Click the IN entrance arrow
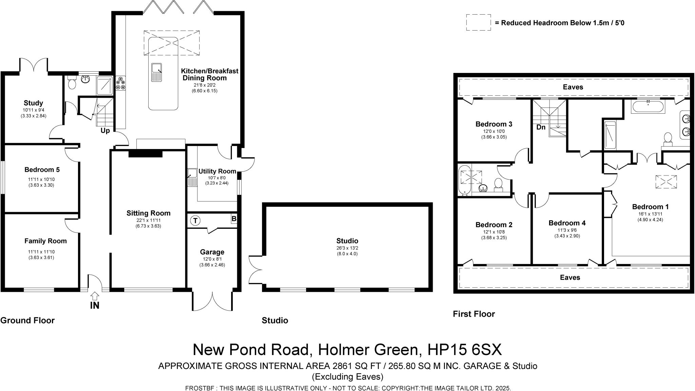coord(95,296)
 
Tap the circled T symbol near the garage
coord(195,221)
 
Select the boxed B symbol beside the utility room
coord(234,219)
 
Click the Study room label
coord(33,103)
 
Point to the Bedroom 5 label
coord(42,170)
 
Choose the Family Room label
coord(45,241)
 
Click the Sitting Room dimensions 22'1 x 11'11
coord(148,220)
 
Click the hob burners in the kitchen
coord(121,83)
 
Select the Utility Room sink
coord(192,178)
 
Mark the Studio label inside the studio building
coord(347,241)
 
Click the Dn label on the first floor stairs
coord(541,127)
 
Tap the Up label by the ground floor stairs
coord(105,131)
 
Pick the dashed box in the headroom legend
coord(478,23)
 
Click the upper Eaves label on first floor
coord(573,87)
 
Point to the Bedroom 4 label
coord(567,223)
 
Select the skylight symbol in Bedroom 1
coord(666,182)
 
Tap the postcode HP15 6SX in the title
coord(465,350)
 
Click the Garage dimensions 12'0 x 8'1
coord(212,259)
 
